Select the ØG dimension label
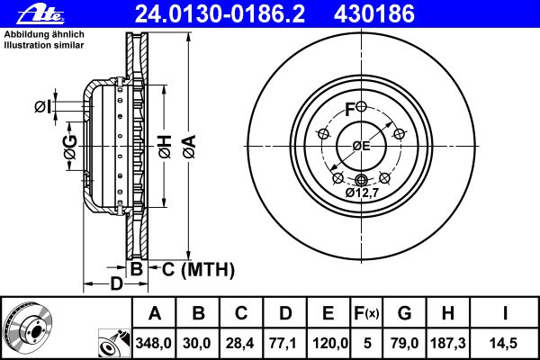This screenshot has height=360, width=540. click(69, 154)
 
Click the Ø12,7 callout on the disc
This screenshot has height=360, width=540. click(364, 192)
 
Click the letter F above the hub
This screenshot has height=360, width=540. click(351, 110)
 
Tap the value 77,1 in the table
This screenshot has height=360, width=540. click(285, 343)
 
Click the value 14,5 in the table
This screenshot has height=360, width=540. click(508, 343)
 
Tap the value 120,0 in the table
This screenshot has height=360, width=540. click(328, 343)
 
